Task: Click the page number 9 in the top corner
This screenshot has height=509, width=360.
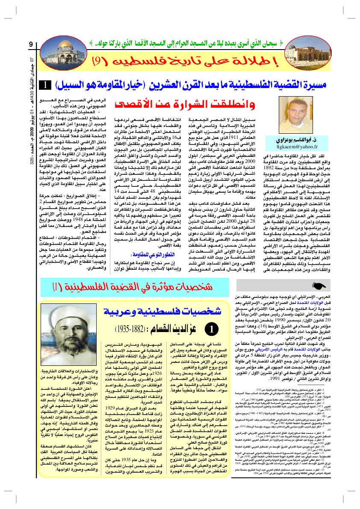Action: point(31,45)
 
